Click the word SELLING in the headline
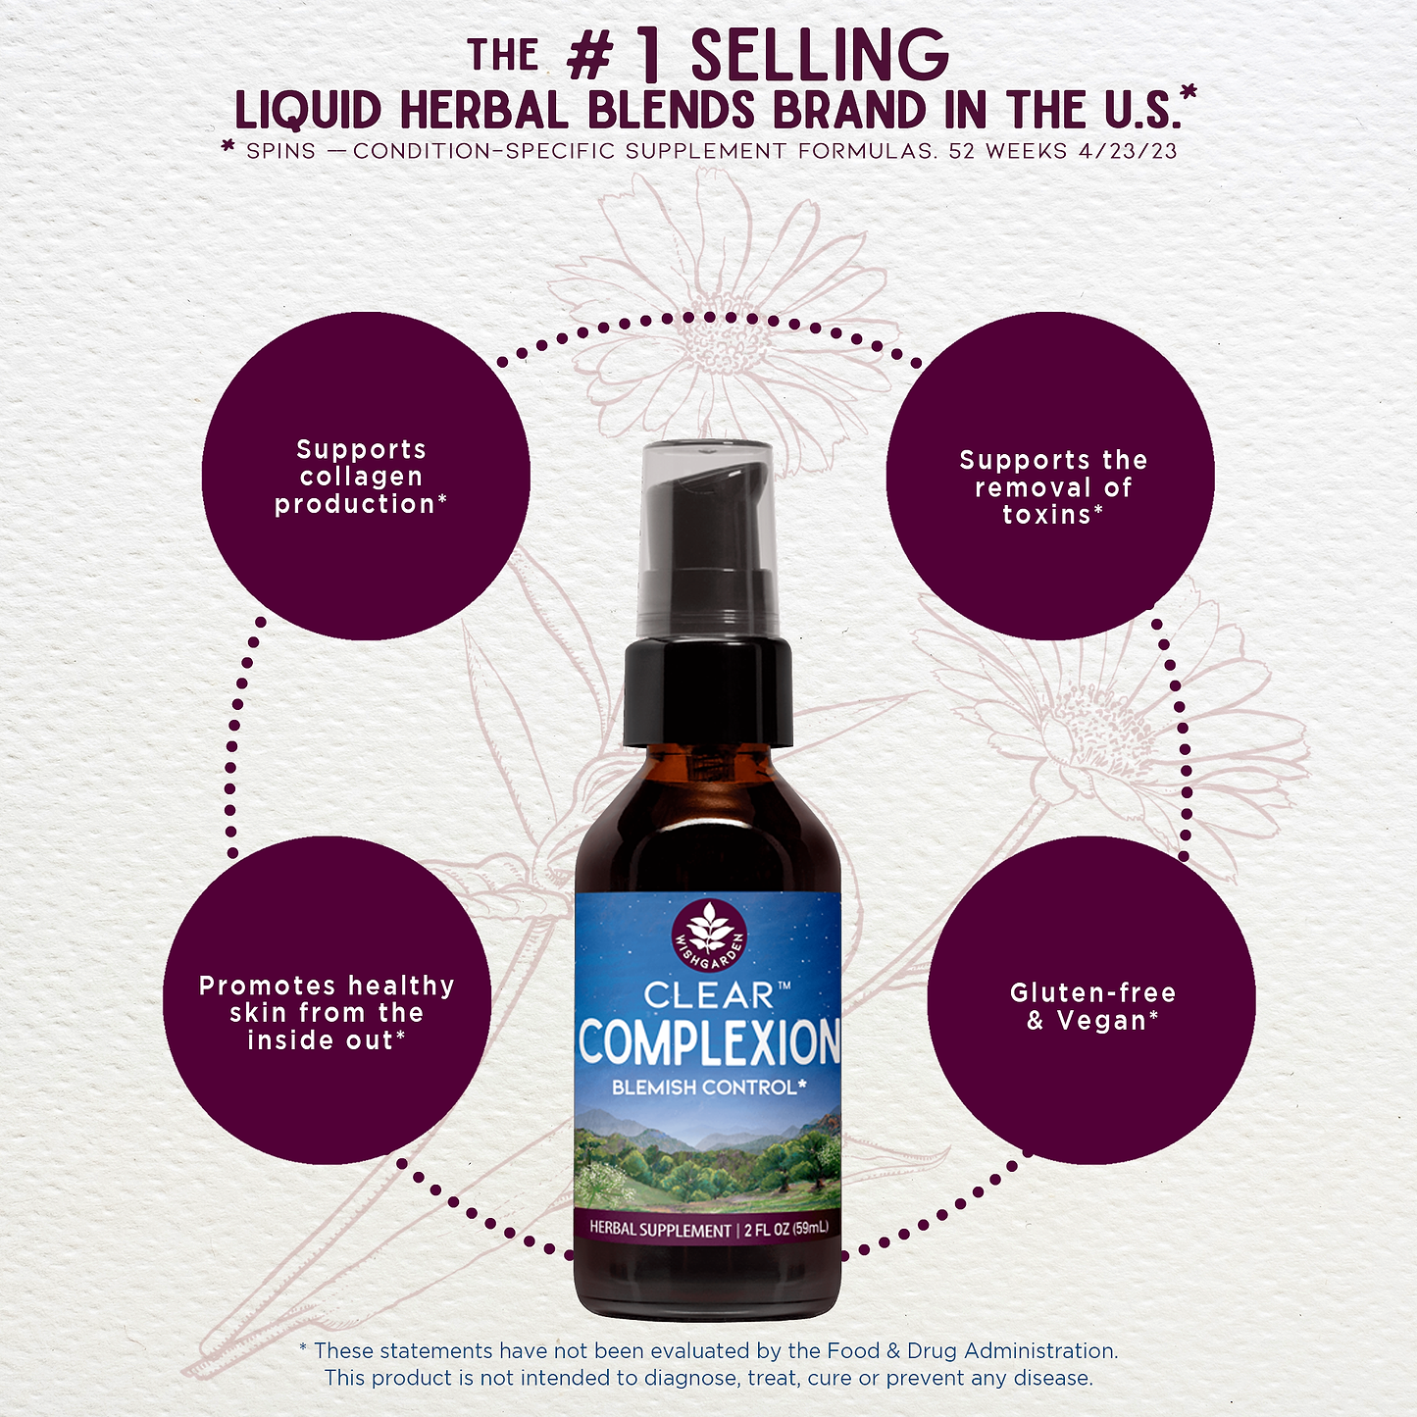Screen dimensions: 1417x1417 (820, 56)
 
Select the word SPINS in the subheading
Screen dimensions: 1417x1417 (281, 151)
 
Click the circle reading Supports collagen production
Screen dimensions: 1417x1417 (365, 477)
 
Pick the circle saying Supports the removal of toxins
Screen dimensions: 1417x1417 (1050, 477)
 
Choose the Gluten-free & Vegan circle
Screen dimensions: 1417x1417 (1091, 1001)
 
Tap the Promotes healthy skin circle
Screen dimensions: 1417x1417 (327, 1001)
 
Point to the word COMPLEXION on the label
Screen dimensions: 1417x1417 (709, 1041)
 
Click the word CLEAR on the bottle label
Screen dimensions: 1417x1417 (709, 996)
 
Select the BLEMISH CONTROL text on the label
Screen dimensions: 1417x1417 (708, 1088)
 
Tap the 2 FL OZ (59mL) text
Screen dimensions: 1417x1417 (786, 1229)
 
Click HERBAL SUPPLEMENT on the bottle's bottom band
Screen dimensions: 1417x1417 (660, 1229)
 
